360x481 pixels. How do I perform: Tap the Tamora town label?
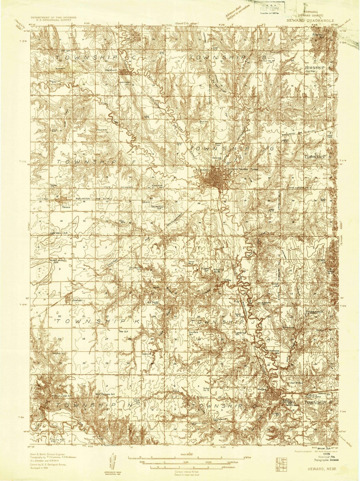(66, 207)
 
